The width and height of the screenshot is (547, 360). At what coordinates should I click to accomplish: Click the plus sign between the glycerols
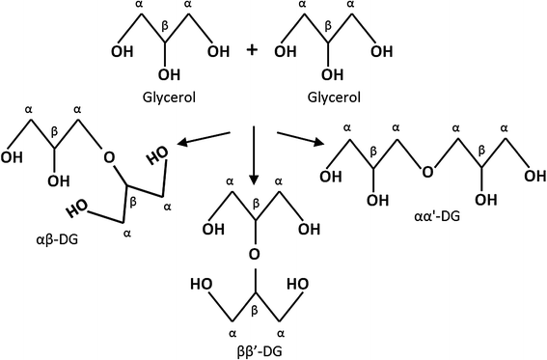tap(252, 48)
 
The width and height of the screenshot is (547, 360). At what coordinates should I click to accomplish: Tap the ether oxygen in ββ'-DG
tap(255, 255)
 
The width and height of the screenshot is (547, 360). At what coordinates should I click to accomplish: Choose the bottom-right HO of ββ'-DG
tap(300, 286)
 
